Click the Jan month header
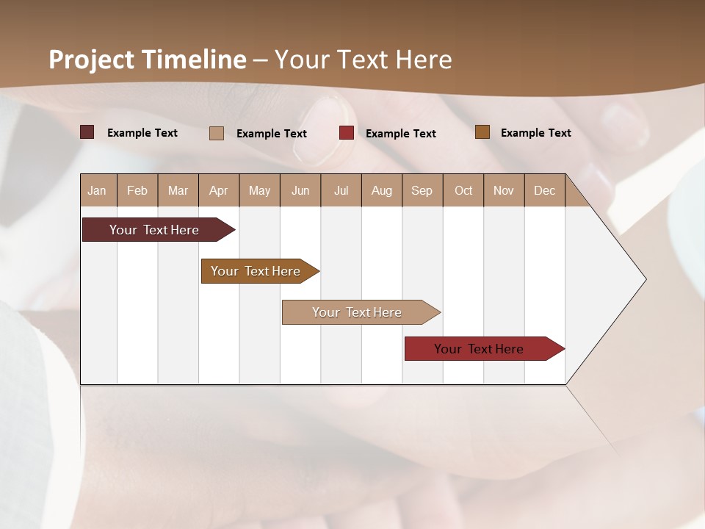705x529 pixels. [97, 190]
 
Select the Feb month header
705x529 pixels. [137, 190]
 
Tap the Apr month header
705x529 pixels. [218, 190]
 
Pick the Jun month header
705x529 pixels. [300, 190]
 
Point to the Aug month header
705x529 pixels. [381, 190]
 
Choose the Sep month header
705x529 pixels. [422, 190]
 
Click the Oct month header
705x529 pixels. [463, 190]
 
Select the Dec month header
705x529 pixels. [544, 190]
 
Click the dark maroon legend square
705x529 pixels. [87, 132]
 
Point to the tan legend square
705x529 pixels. [217, 133]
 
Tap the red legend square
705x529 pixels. [347, 133]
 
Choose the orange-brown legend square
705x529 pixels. [482, 132]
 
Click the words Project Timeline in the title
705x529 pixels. [148, 60]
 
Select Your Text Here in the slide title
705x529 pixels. [363, 60]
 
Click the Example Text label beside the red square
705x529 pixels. [400, 134]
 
